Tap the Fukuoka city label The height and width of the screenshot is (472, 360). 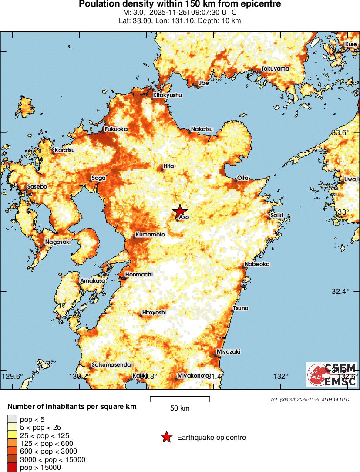click(x=116, y=130)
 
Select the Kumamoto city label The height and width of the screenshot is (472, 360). click(x=151, y=235)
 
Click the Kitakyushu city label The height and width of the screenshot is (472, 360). click(x=168, y=95)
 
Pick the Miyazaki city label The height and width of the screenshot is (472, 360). click(x=229, y=352)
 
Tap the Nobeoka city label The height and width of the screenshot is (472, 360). click(x=257, y=264)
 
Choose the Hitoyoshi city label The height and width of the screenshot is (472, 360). click(x=154, y=313)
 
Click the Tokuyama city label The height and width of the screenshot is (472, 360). click(x=275, y=69)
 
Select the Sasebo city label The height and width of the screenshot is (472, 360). click(x=37, y=186)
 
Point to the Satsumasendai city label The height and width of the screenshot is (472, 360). click(x=112, y=365)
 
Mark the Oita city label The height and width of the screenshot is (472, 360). click(x=242, y=178)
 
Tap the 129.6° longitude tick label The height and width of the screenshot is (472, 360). click(x=13, y=376)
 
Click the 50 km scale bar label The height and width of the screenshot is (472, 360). click(x=180, y=408)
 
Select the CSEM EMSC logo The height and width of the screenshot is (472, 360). click(x=332, y=374)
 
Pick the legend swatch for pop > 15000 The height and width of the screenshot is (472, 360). click(x=12, y=468)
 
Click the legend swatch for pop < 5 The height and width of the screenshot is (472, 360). click(x=12, y=419)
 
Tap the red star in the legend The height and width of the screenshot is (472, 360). click(x=166, y=438)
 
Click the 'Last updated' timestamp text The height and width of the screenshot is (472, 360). click(x=308, y=399)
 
